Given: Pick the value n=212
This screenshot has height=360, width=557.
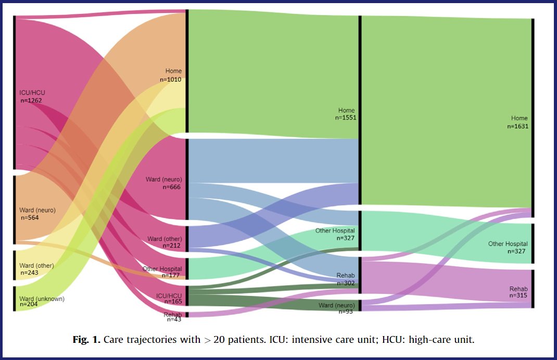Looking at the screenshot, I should click(x=171, y=246).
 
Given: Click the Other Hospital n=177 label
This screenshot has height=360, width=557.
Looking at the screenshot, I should click(x=162, y=272).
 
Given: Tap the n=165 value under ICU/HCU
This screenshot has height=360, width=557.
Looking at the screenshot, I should click(x=172, y=301).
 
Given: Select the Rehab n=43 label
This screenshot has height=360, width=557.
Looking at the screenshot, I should click(x=173, y=316).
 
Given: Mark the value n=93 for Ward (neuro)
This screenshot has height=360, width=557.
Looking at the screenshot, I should click(x=346, y=311).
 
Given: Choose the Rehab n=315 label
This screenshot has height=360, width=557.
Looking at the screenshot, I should click(x=518, y=292).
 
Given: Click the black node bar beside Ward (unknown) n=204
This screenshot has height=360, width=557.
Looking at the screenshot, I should click(x=15, y=298).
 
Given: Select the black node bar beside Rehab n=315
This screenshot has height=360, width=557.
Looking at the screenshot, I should click(x=532, y=289).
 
